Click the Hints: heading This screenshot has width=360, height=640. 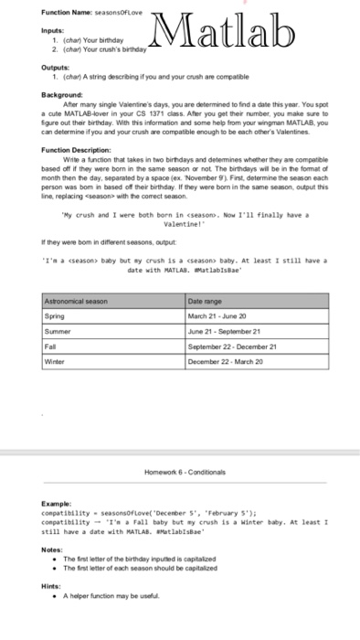click(x=54, y=586)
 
